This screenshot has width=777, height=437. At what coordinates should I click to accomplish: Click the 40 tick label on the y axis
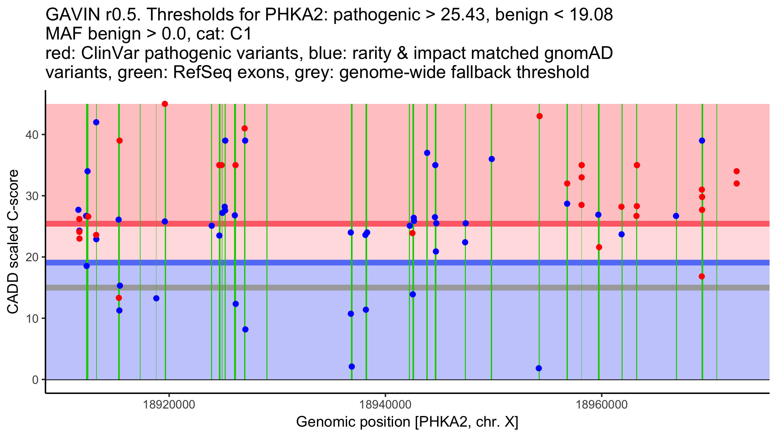pyautogui.click(x=32, y=135)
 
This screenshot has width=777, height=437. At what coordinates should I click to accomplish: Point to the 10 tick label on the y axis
pyautogui.click(x=32, y=319)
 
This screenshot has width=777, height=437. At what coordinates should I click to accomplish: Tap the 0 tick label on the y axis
pyautogui.click(x=35, y=380)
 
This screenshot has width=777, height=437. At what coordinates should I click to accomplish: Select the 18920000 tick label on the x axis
pyautogui.click(x=169, y=405)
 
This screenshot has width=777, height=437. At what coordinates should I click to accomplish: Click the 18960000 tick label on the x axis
pyautogui.click(x=602, y=405)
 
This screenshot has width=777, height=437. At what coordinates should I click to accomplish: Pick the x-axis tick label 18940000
pyautogui.click(x=385, y=405)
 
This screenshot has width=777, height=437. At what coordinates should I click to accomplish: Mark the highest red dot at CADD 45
pyautogui.click(x=165, y=104)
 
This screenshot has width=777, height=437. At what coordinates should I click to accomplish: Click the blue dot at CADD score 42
pyautogui.click(x=96, y=122)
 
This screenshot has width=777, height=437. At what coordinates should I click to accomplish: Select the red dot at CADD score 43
pyautogui.click(x=539, y=116)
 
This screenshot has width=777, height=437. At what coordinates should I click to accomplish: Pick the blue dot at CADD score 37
pyautogui.click(x=427, y=153)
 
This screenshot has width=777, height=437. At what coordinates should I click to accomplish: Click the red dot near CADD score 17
pyautogui.click(x=702, y=276)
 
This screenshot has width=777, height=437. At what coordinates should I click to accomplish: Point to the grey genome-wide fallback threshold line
pyautogui.click(x=324, y=287)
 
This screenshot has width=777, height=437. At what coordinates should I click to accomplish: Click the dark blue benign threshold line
pyautogui.click(x=324, y=263)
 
